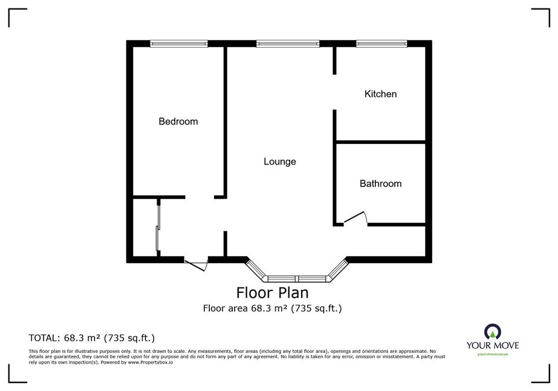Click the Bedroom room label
(178, 122)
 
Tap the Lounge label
(280, 162)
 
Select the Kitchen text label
(380, 94)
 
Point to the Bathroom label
(380, 183)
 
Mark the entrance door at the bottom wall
(196, 265)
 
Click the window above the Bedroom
(179, 44)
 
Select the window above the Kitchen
(382, 44)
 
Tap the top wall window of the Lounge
(288, 44)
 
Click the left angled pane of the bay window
(256, 270)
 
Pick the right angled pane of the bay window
(337, 270)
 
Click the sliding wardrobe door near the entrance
(158, 228)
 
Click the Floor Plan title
(273, 292)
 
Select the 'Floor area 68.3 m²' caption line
(273, 308)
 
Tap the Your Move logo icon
(493, 332)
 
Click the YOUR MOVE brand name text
(493, 345)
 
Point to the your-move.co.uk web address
(493, 354)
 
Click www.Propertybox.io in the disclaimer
(151, 362)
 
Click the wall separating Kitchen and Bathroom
(381, 142)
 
